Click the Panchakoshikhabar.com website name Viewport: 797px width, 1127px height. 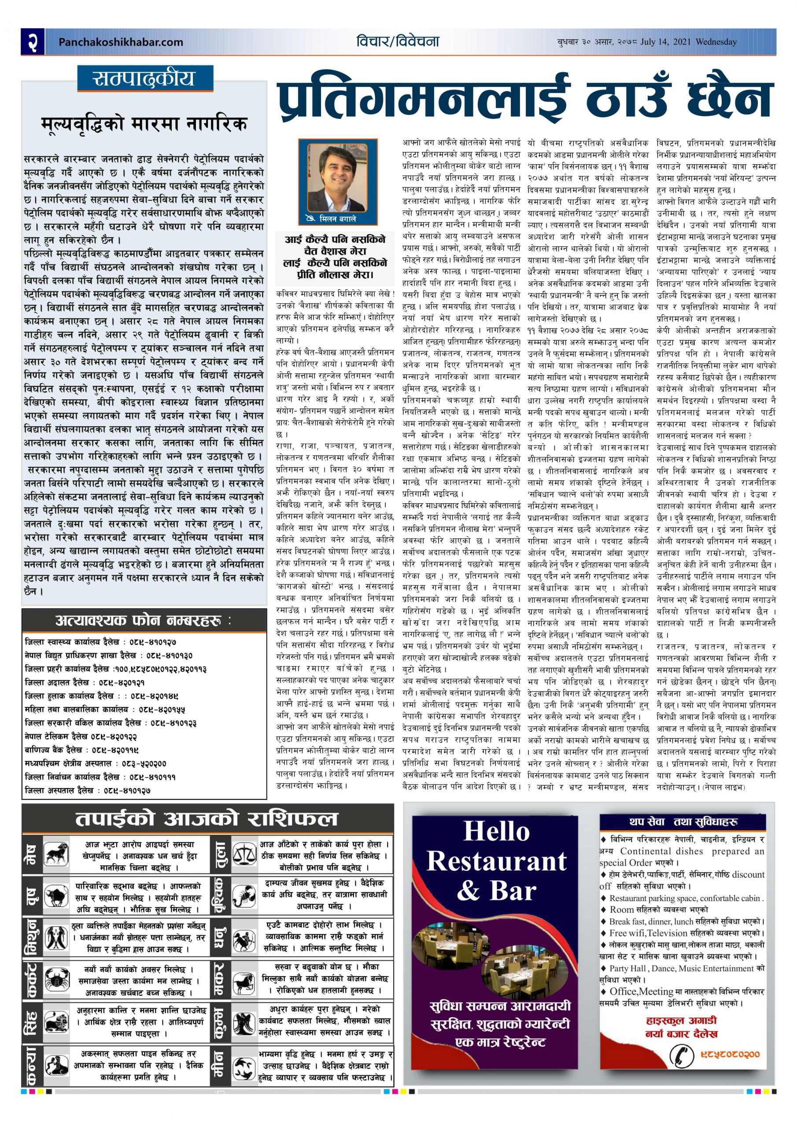[120, 42]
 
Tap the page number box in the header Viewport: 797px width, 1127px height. [33, 41]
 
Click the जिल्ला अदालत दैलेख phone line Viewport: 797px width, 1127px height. [85, 682]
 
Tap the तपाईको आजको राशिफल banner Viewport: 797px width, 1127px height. [206, 819]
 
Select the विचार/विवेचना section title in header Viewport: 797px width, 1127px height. [398, 42]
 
